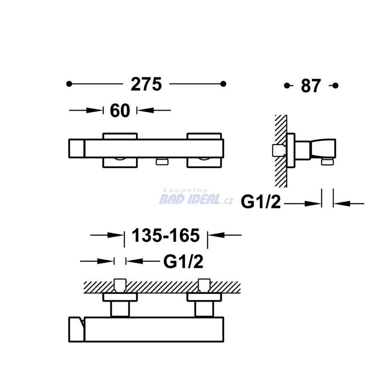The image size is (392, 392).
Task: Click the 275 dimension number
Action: click(146, 84)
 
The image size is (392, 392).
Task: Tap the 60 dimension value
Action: click(120, 111)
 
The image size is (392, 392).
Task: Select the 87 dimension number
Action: click(311, 86)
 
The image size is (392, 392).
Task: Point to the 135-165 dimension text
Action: click(166, 235)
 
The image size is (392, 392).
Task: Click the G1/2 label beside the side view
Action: click(261, 202)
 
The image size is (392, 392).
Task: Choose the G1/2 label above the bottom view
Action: click(183, 261)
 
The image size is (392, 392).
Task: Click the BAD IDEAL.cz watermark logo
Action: click(196, 198)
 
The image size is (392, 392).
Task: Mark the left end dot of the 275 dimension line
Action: click(69, 84)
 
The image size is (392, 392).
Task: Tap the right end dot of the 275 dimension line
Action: click(223, 84)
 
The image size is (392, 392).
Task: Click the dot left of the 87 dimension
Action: click(287, 86)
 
